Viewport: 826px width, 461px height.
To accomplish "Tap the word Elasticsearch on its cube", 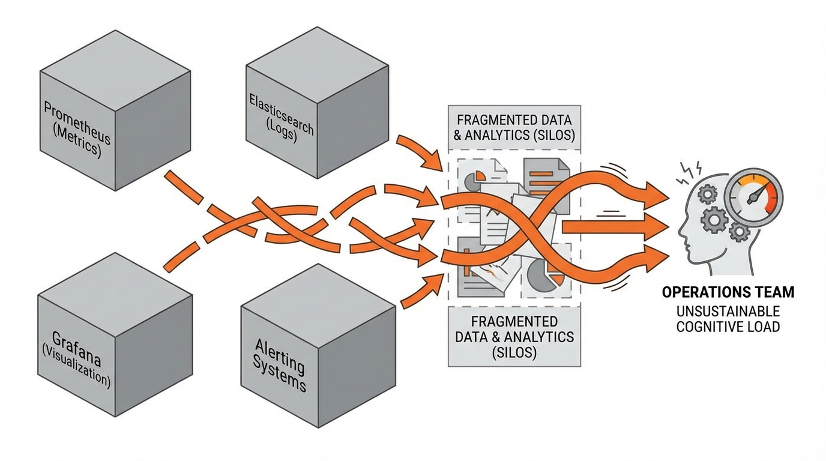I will tap(281, 112).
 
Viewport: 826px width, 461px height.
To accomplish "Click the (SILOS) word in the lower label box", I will tap(514, 352).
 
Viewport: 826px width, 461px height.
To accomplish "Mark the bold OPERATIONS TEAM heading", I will tap(728, 292).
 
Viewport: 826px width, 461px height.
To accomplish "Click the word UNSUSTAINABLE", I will tap(728, 312).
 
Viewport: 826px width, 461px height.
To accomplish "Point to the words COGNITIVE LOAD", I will tap(728, 327).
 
